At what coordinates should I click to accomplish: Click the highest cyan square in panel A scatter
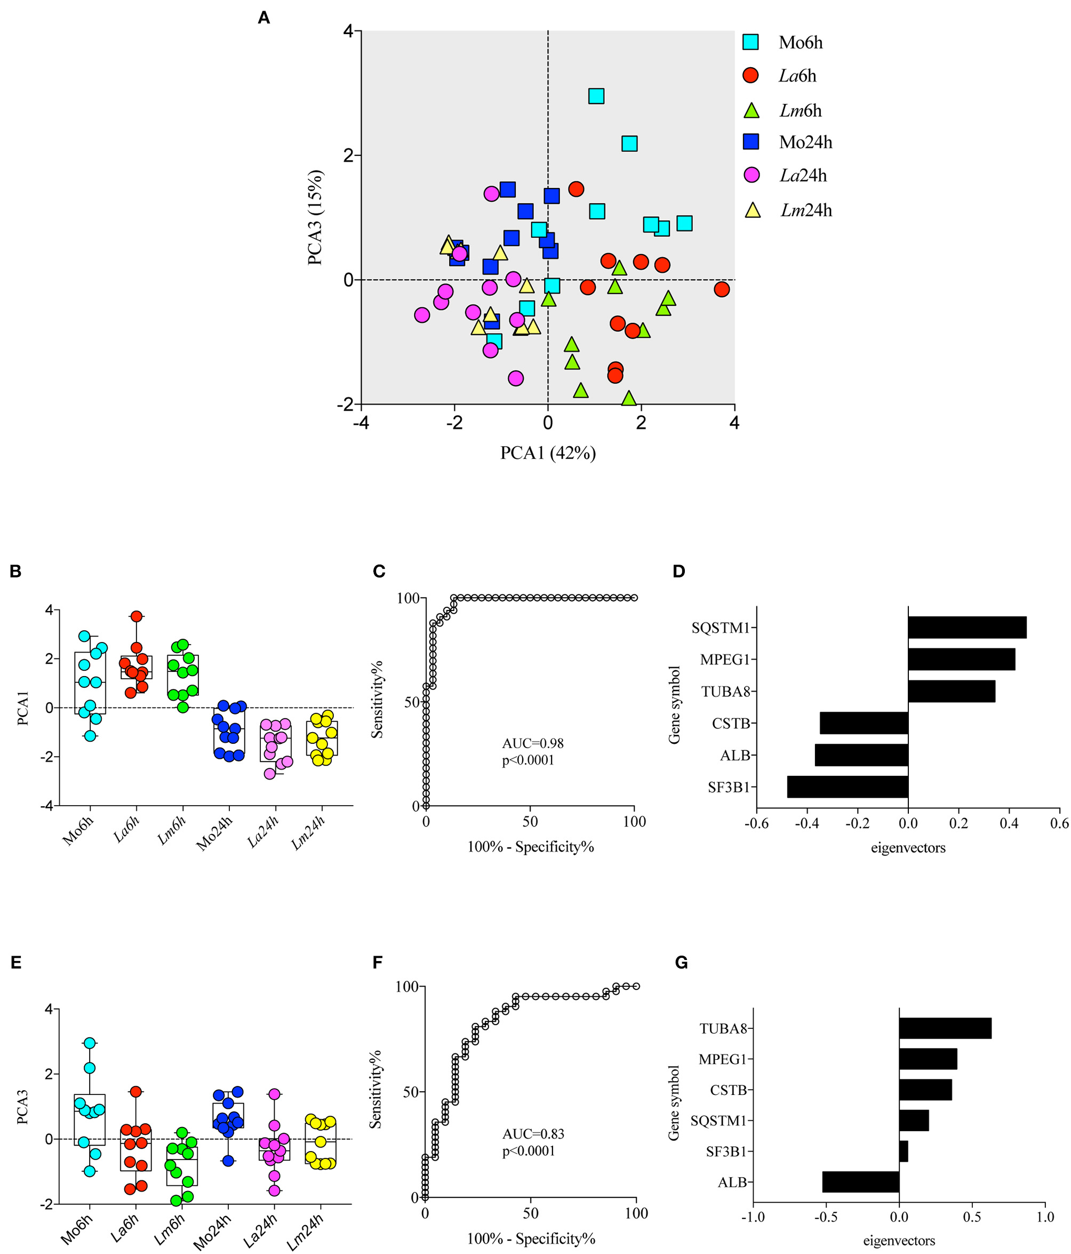click(x=596, y=96)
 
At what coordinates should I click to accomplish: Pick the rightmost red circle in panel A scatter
click(x=721, y=289)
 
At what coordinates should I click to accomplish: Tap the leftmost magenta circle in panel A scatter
click(x=422, y=315)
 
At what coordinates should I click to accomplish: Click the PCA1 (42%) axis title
click(x=548, y=453)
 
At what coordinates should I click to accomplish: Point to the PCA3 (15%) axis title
click(x=315, y=217)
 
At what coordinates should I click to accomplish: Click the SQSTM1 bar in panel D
click(x=966, y=628)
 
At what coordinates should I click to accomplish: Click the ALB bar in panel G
click(x=860, y=1182)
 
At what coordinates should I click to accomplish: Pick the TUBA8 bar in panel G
click(x=945, y=1028)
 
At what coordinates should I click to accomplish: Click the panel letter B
click(x=15, y=572)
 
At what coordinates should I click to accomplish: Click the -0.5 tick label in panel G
click(x=826, y=1217)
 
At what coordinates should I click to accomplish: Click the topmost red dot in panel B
click(x=136, y=616)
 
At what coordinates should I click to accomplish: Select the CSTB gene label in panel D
click(x=730, y=723)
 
